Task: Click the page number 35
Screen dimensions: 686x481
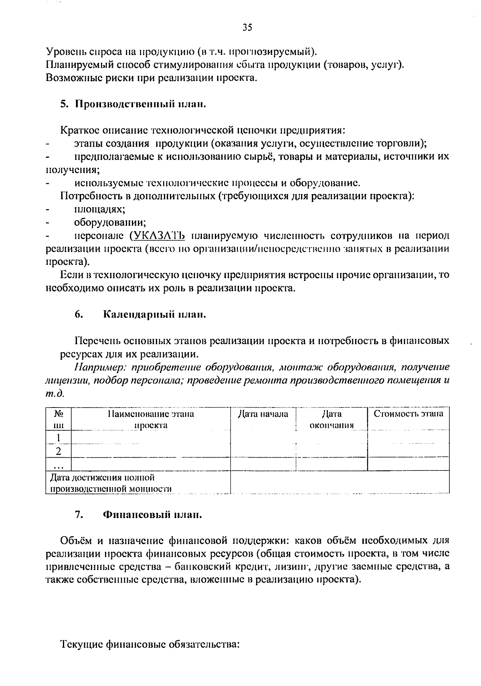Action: pos(247,28)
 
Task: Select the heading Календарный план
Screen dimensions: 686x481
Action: pos(154,315)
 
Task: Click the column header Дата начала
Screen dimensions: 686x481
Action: pos(263,414)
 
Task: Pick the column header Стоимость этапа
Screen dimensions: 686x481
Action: pos(408,414)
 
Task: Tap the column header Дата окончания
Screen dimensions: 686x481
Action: pos(331,420)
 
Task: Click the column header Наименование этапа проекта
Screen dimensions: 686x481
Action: pos(151,420)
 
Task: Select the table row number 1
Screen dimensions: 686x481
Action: pos(59,438)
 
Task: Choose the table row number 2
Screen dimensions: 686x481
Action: pos(59,452)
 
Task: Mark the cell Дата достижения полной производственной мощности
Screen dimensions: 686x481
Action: pos(111,483)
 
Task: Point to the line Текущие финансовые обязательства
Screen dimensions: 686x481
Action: pos(150,645)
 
